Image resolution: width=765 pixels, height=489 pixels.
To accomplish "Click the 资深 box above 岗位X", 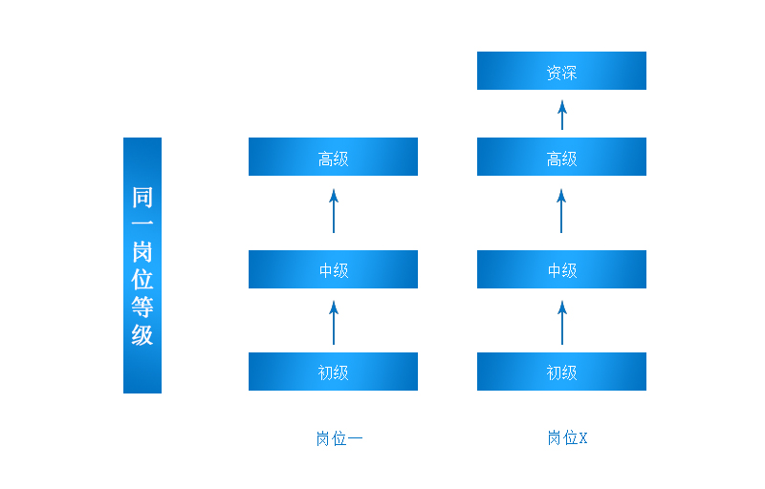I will point(561,72).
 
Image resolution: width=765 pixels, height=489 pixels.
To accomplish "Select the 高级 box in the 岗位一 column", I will point(333,158).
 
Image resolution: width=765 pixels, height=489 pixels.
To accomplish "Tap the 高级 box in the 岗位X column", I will point(561,158).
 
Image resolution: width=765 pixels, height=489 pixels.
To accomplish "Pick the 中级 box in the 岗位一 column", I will point(333,270).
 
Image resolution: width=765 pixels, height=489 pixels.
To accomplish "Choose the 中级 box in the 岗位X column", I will point(561,270).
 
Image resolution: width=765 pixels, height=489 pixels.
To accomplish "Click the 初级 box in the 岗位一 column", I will point(333,372).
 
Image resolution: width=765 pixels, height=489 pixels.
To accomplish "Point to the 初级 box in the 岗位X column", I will point(561,372).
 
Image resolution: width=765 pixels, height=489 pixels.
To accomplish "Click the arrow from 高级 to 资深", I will point(562,115).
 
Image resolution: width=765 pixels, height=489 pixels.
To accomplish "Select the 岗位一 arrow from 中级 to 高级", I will point(334,211).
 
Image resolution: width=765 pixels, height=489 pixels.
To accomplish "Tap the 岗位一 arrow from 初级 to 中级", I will point(334,323).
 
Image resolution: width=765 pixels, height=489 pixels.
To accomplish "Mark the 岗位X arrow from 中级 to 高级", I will point(562,211).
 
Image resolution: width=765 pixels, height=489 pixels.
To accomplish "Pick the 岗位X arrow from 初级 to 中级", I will point(562,323).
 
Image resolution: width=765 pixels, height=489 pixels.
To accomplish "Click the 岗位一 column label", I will point(339,439).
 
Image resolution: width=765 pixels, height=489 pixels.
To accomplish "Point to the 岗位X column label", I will point(567,438).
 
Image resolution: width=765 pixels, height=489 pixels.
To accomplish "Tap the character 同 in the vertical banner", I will point(142,198).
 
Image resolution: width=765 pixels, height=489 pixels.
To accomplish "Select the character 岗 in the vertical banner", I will point(142,252).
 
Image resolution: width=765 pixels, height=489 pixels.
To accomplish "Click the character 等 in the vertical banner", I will point(142,308).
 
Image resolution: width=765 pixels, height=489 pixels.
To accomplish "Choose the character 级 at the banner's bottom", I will point(142,335).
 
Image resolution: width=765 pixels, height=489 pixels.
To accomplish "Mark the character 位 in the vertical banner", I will point(142,280).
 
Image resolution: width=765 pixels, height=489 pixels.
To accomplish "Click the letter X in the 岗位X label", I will point(583,438).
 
